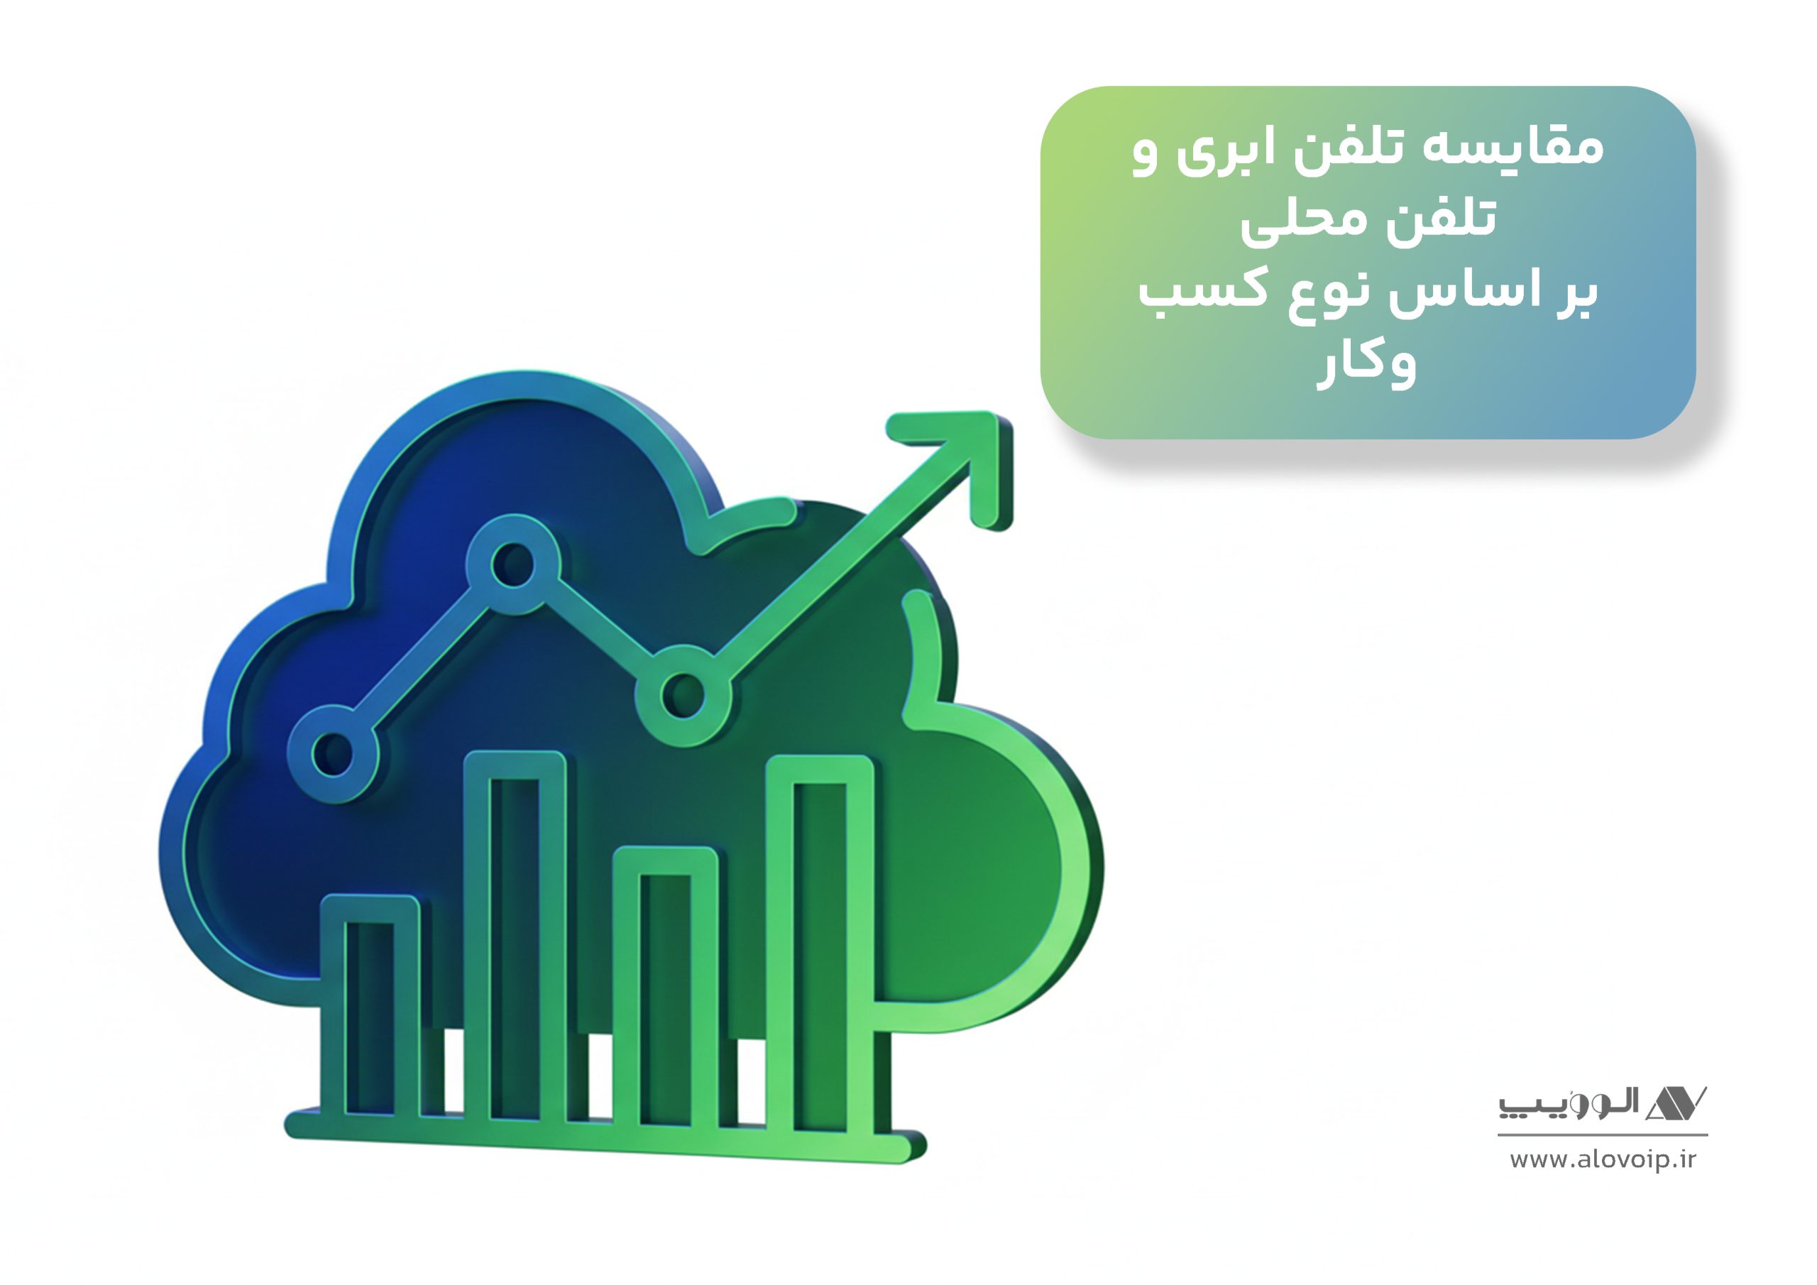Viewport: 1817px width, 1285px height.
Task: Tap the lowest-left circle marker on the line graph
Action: (x=333, y=753)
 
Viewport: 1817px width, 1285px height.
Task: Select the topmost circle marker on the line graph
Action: (x=513, y=564)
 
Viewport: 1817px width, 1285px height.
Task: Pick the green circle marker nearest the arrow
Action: (x=682, y=695)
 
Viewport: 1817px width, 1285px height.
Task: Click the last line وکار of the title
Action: (x=1367, y=365)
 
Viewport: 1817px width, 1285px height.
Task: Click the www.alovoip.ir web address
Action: (x=1603, y=1160)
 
